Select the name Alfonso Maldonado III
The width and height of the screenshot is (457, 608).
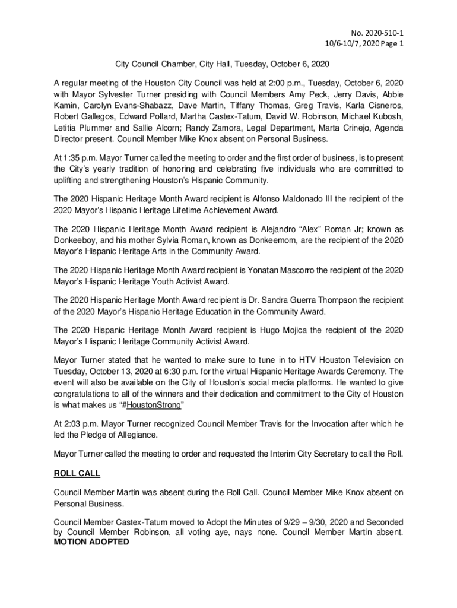[x=325, y=199]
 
